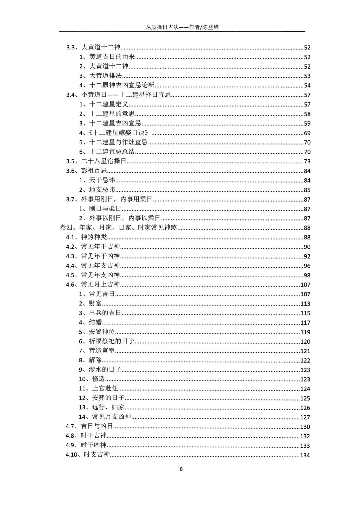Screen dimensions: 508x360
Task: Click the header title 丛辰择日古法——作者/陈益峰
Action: [182, 27]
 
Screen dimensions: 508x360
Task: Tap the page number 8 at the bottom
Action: [181, 469]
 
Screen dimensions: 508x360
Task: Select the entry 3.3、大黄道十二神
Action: [93, 47]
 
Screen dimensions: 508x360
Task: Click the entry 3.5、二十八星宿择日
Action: [96, 161]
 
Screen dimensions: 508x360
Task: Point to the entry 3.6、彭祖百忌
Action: [86, 171]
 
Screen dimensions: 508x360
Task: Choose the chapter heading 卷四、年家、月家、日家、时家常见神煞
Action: [118, 228]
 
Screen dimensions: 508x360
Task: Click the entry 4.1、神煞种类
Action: [86, 237]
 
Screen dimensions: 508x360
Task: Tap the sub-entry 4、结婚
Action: [90, 322]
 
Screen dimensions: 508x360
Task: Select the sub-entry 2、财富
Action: [90, 303]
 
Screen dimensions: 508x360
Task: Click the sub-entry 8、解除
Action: [90, 360]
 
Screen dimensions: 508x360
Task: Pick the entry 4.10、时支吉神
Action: [88, 455]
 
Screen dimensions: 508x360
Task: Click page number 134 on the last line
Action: [305, 455]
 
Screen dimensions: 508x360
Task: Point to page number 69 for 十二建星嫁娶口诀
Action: [307, 133]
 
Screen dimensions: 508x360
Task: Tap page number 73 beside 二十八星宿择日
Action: [307, 161]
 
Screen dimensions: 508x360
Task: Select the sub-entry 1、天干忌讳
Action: [97, 180]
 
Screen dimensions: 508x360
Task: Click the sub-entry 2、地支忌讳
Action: [97, 190]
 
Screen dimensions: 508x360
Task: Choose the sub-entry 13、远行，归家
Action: [102, 407]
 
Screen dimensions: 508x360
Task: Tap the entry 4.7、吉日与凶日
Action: [89, 426]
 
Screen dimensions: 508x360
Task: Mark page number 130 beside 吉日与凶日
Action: [305, 427]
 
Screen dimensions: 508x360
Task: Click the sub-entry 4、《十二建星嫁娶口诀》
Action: [114, 133]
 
